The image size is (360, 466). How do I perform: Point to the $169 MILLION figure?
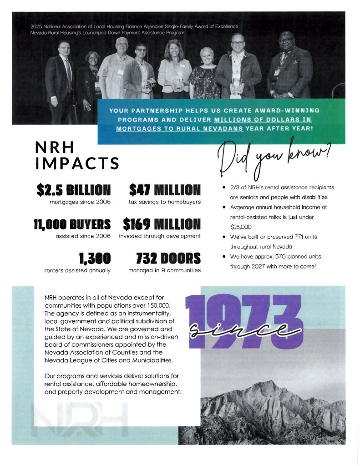(x=162, y=224)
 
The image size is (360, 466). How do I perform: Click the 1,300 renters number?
(x=94, y=258)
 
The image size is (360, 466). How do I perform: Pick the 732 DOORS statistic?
(x=168, y=258)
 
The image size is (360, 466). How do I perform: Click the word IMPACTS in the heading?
(x=77, y=163)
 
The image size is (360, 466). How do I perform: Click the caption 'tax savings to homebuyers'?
(x=165, y=201)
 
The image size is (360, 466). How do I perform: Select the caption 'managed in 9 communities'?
(x=164, y=270)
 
